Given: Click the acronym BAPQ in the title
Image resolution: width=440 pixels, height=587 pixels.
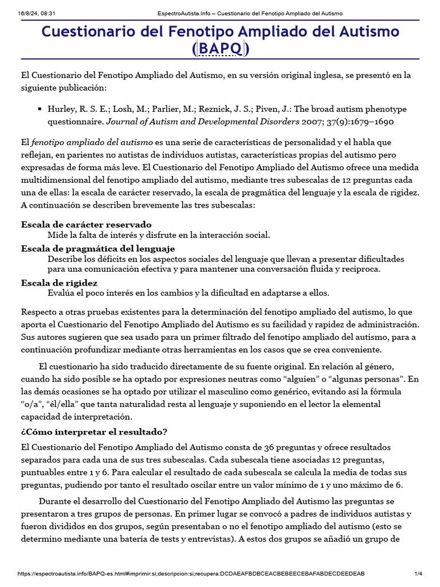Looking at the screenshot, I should (x=221, y=49).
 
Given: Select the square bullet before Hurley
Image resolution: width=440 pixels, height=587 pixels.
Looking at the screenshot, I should (x=40, y=109).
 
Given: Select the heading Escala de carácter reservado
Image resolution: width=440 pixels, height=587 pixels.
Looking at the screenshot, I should (x=87, y=224).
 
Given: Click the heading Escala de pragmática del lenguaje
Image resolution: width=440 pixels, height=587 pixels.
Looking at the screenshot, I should (x=98, y=249).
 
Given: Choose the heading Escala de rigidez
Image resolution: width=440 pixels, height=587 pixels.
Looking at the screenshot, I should (x=60, y=283).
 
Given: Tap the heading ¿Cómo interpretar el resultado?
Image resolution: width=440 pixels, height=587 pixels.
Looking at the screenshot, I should (x=94, y=431).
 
